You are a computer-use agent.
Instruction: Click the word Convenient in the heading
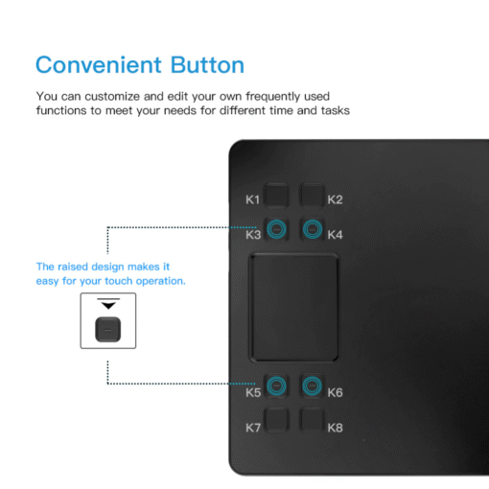99,65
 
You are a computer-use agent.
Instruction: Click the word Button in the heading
207,65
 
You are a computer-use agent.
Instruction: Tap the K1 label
252,199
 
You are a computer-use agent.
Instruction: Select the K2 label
335,199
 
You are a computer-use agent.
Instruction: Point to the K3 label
253,235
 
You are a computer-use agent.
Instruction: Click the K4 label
335,235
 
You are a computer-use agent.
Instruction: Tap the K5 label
253,392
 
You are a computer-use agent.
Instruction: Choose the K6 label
335,392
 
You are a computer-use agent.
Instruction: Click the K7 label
253,428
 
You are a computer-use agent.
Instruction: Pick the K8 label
335,428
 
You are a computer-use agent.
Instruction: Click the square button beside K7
276,420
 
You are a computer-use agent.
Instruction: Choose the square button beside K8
313,420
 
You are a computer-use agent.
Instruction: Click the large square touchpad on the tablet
293,308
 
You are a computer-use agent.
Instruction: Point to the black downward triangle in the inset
108,306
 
